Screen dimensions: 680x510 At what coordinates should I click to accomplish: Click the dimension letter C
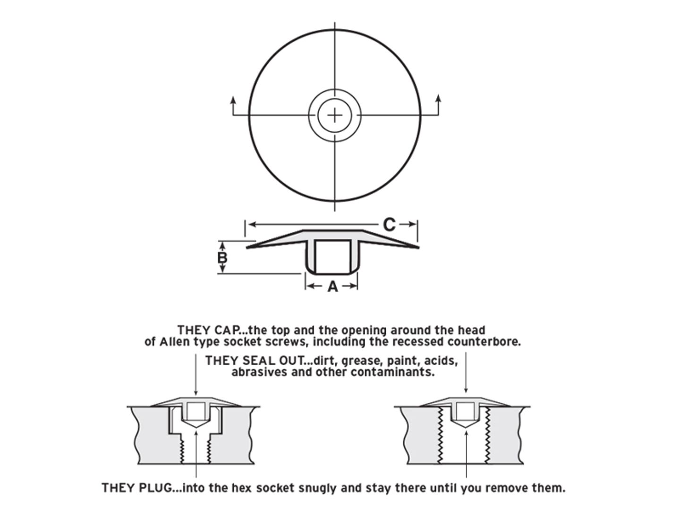coord(389,224)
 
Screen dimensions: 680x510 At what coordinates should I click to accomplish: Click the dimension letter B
coord(222,258)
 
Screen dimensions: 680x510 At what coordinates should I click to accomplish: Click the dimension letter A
coord(333,287)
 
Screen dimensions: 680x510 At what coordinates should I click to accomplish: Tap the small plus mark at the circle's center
coord(335,116)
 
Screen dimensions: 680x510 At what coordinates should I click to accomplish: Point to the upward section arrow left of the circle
coord(233,106)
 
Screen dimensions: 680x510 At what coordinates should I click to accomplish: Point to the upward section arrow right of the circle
coord(438,105)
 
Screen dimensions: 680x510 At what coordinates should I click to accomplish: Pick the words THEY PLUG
coord(136,488)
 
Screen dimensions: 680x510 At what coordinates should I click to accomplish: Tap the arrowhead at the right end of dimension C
coord(412,224)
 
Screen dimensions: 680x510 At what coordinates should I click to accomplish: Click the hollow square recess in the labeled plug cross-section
coord(333,256)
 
